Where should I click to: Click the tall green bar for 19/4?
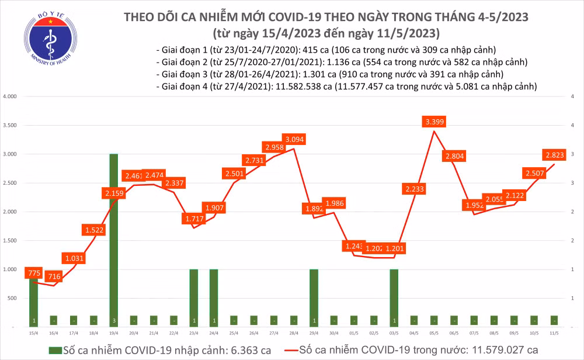point(114,240)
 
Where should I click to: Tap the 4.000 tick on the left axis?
point(12,96)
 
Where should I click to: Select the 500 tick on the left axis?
point(15,298)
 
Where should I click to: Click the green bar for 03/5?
point(394,297)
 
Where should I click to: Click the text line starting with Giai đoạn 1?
point(326,50)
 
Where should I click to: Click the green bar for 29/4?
point(314,297)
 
